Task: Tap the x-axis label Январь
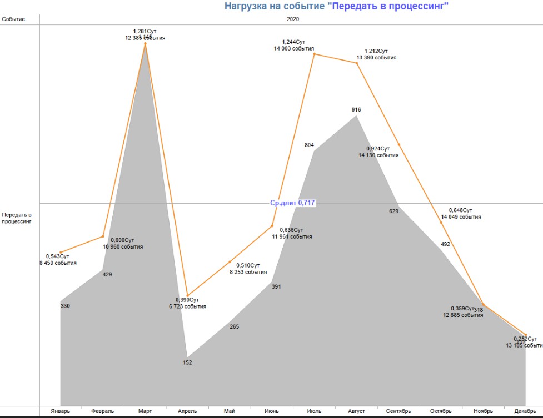[60, 411]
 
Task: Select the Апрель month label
[187, 411]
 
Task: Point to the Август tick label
[356, 411]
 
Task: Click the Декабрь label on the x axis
[525, 411]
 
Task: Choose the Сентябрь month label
[398, 411]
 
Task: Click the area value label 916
[356, 110]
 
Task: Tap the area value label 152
[187, 362]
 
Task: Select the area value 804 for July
[310, 145]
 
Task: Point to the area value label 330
[65, 306]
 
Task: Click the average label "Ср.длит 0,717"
[293, 203]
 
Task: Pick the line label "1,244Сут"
[294, 42]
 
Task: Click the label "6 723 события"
[187, 306]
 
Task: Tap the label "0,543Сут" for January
[58, 256]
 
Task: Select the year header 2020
[293, 19]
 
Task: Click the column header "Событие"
[13, 19]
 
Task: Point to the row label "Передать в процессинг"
[17, 218]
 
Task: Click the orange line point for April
[187, 296]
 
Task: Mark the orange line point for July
[314, 54]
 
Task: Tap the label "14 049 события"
[461, 217]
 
